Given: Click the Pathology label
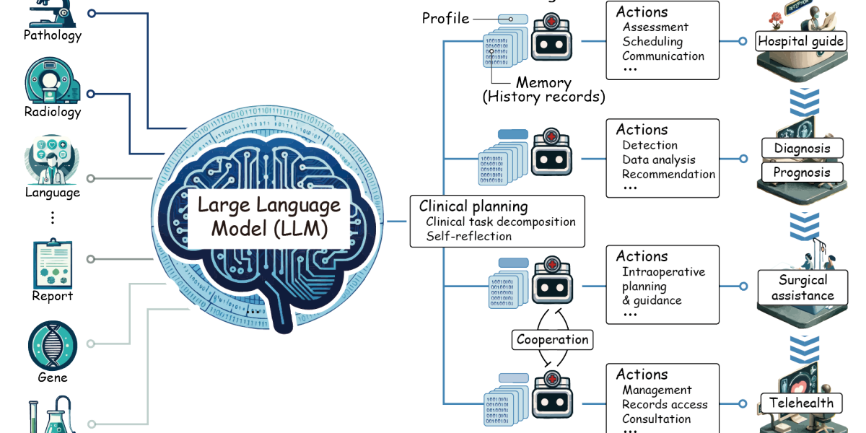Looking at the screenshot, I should (x=53, y=35).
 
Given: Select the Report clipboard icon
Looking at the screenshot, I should (x=53, y=264).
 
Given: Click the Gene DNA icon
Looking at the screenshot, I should (x=53, y=346).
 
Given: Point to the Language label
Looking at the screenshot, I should (x=53, y=193).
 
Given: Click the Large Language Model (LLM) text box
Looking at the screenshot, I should (x=268, y=217).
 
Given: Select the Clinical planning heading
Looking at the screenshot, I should (x=473, y=206).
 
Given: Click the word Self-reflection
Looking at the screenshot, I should (x=468, y=236).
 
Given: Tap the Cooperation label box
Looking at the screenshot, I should (x=553, y=339).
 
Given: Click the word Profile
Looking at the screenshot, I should (x=445, y=18).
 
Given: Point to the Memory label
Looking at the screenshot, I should (x=543, y=83).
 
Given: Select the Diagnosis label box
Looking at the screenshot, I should (x=802, y=149).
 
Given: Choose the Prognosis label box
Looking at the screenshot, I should (x=802, y=172).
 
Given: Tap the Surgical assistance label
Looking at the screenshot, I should (x=802, y=288).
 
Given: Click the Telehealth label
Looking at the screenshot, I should (x=801, y=403).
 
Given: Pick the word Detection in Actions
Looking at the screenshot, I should (x=649, y=145).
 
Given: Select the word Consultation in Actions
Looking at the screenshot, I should (x=656, y=419).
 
